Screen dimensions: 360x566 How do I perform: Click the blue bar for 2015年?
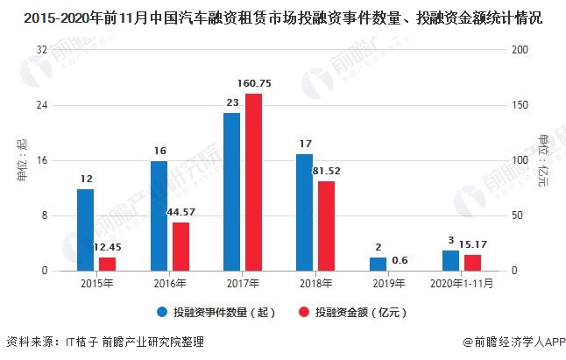tap(85, 229)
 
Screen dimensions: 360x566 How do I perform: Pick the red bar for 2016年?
tap(180, 246)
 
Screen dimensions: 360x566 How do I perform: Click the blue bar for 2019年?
tap(378, 264)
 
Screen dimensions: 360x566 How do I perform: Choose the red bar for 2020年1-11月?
tap(472, 262)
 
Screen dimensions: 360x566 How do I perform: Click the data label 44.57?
tap(180, 212)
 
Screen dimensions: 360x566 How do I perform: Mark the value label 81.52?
tap(327, 171)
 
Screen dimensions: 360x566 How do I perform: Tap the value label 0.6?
tap(400, 259)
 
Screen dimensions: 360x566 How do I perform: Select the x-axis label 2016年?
tap(170, 284)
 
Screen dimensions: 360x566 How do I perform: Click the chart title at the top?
tap(283, 16)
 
